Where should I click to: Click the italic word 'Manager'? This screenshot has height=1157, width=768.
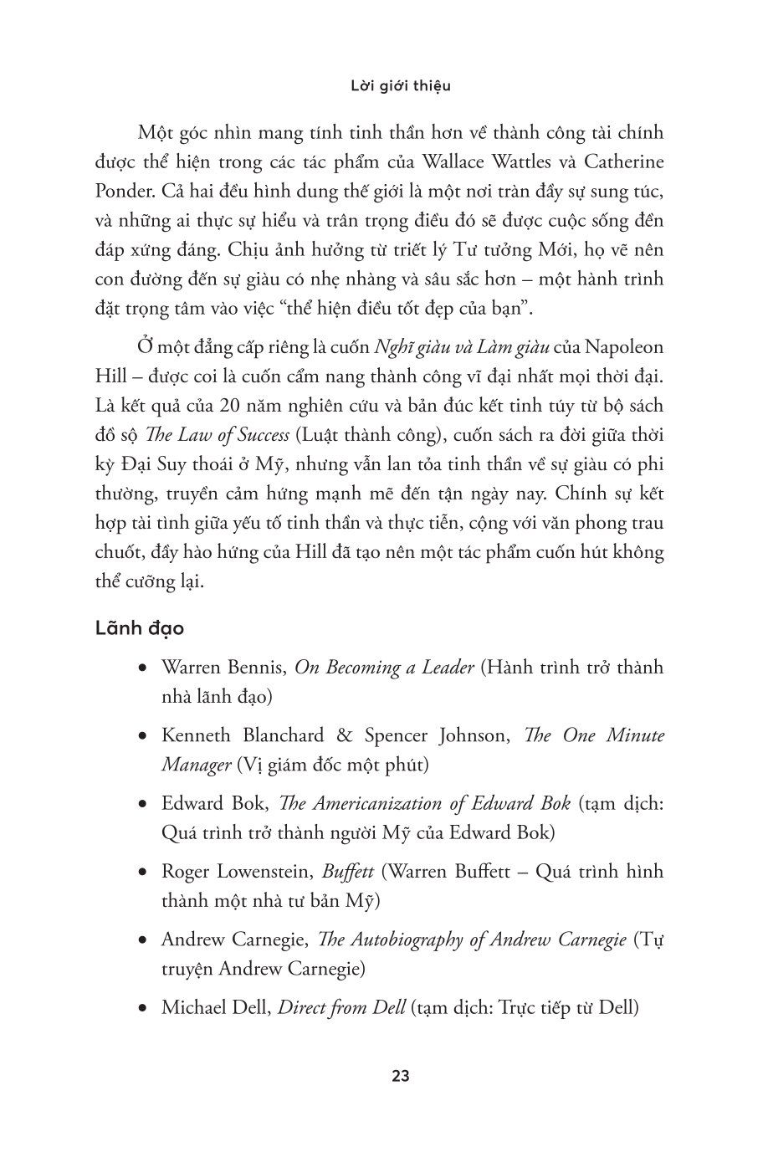tap(196, 765)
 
